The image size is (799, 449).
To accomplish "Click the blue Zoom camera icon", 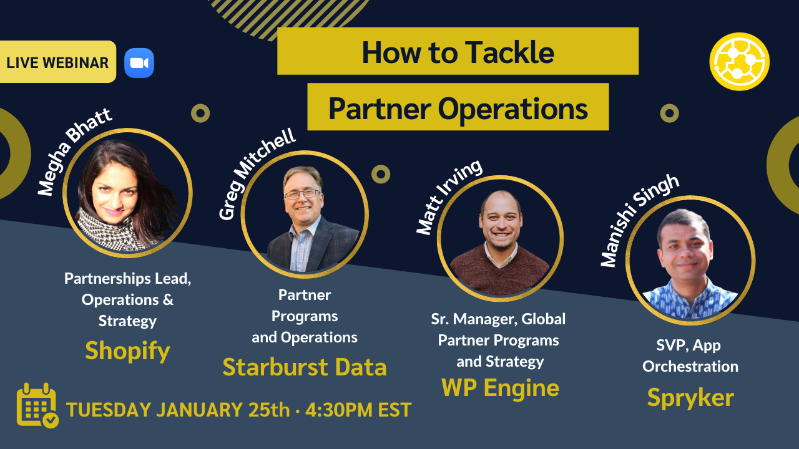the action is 139,63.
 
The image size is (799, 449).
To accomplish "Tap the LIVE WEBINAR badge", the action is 57,62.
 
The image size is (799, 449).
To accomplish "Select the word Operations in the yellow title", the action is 512,109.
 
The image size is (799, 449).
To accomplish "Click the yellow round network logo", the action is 739,62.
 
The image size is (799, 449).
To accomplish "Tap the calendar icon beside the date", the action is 37,405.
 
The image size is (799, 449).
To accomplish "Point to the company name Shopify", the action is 127,350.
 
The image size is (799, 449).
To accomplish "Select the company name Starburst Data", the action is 305,367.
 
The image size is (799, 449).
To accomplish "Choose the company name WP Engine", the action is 500,388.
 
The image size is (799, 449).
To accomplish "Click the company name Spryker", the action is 690,397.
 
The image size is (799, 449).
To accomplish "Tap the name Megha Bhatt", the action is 74,152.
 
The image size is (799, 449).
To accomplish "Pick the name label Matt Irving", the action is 449,196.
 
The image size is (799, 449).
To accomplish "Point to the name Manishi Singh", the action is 639,220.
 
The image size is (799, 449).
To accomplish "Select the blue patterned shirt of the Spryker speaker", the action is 690,299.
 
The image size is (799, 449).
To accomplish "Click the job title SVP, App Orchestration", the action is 690,356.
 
